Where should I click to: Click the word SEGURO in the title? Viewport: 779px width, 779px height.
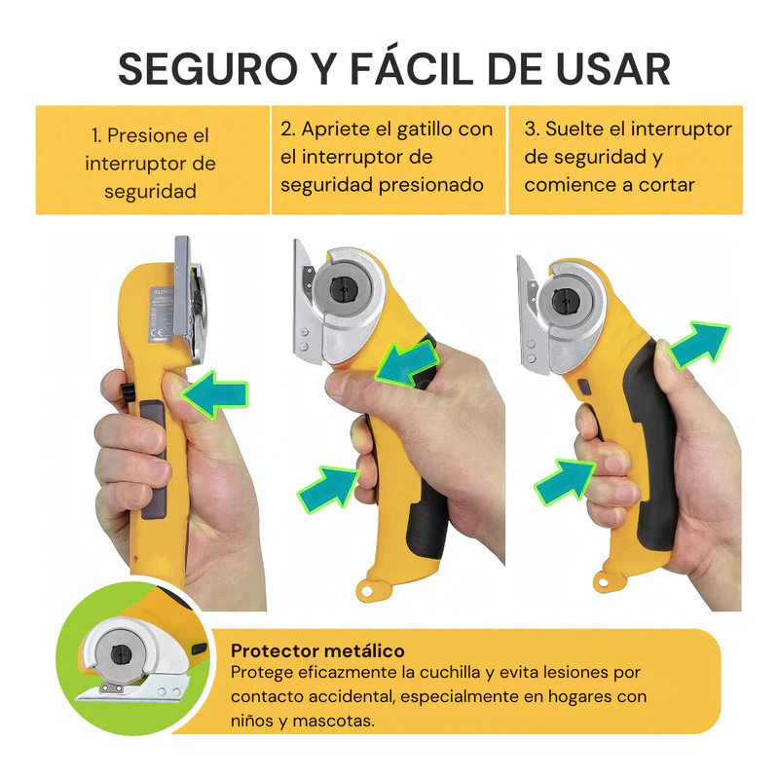[x=207, y=68]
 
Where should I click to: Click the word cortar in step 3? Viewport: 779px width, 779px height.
[x=666, y=185]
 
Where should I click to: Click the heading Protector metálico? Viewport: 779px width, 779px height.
[x=317, y=650]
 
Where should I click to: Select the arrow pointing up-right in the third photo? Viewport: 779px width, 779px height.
[x=698, y=344]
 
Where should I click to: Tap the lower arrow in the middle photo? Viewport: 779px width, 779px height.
[x=329, y=489]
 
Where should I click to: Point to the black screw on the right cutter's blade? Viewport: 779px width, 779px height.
[x=565, y=300]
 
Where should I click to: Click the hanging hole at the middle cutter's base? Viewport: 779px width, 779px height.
[x=367, y=591]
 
